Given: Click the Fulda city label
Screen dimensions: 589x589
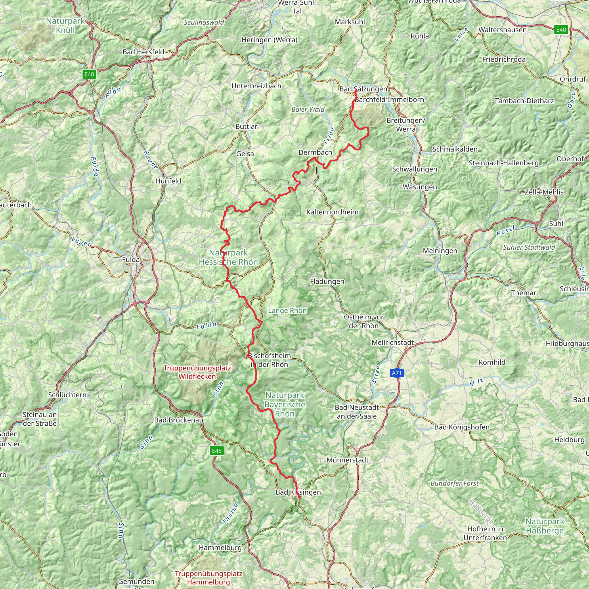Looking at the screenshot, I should [131, 259].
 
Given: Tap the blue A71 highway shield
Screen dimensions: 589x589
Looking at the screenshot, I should [397, 373].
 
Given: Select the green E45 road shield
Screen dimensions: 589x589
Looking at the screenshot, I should [217, 451].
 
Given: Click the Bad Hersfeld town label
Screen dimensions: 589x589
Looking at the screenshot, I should [143, 52].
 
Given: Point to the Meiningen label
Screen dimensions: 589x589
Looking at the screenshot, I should [440, 250].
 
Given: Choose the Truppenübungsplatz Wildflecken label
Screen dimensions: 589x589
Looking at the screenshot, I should [197, 372].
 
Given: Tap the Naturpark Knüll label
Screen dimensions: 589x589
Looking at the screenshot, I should [65, 26].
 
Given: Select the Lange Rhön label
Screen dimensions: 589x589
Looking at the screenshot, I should [287, 310].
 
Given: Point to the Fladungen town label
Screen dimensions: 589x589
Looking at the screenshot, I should [327, 281].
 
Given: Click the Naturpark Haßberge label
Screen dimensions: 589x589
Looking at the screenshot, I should [545, 526].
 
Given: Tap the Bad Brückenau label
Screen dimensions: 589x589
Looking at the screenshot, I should [179, 420].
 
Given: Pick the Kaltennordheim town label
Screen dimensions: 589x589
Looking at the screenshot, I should [332, 212].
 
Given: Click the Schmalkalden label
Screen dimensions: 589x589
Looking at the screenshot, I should [455, 149].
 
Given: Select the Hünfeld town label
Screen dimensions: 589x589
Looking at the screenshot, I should [168, 181].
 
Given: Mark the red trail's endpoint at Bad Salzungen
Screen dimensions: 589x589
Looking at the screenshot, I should [356, 91].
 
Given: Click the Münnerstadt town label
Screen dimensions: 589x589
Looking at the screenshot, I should [347, 460].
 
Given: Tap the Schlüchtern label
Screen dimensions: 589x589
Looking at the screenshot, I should [67, 395].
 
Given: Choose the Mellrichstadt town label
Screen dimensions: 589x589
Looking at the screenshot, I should [393, 342].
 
